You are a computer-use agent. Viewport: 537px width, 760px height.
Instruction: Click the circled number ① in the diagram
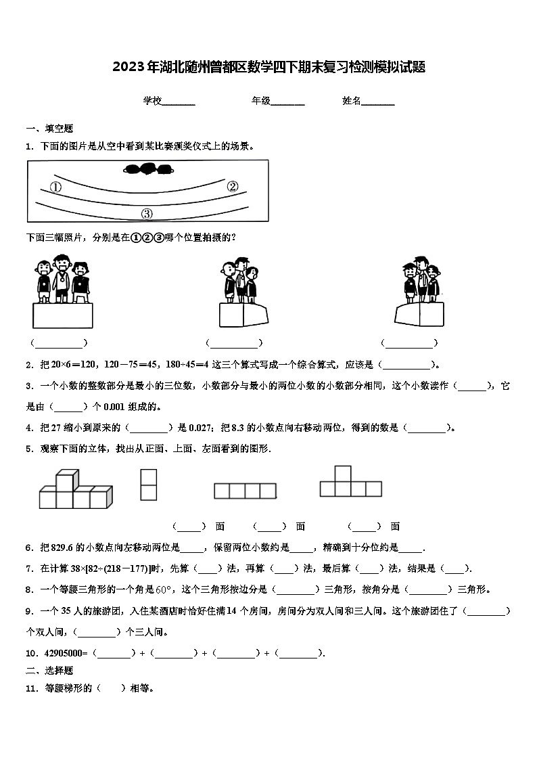click(56, 187)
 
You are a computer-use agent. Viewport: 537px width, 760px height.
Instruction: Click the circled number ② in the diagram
click(232, 187)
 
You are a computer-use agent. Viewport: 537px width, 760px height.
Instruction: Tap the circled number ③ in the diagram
click(147, 214)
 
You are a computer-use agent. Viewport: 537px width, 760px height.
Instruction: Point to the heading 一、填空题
click(49, 129)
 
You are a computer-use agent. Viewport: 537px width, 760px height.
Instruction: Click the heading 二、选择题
click(49, 671)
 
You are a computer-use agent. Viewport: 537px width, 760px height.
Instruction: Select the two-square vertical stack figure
click(148, 485)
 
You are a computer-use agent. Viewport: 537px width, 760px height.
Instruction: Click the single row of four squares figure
click(245, 491)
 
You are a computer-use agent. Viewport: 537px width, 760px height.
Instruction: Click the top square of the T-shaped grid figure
click(343, 474)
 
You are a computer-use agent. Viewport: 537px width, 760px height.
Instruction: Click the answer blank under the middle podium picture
click(234, 343)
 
